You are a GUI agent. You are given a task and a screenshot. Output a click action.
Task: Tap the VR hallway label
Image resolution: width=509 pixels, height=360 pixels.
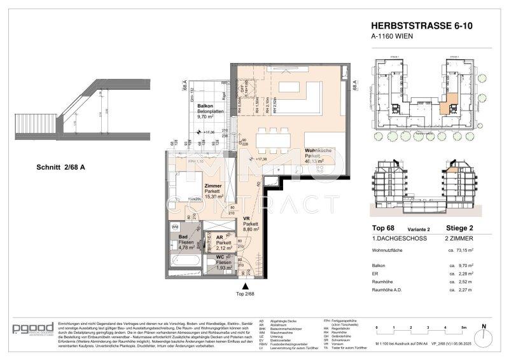248,218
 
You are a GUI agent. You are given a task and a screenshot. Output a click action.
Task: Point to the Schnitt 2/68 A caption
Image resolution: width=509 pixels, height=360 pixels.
61,167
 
